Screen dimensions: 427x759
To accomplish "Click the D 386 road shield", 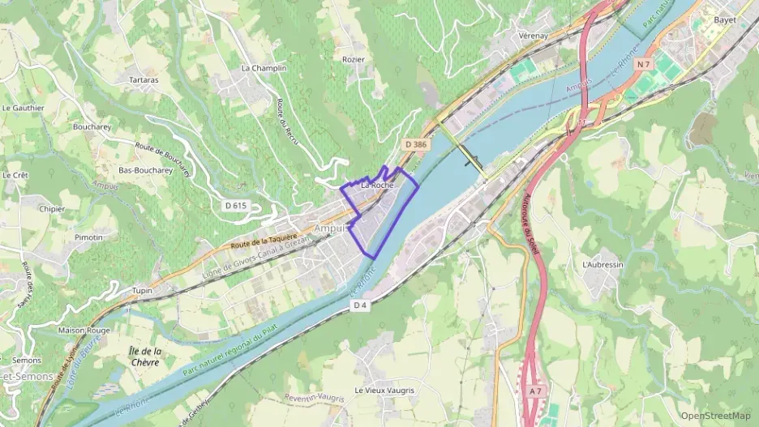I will point(415,144).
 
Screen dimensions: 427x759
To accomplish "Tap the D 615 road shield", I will point(234,206).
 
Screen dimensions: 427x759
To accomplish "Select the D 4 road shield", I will point(361,305).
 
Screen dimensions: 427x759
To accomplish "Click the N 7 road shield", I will point(644,64).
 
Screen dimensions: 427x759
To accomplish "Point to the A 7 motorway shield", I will point(534,391).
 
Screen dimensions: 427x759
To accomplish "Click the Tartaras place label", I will point(144,80).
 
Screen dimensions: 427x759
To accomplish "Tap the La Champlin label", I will point(264,68).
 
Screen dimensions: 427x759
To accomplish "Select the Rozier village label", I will point(353,59).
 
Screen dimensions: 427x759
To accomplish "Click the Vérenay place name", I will point(533,36).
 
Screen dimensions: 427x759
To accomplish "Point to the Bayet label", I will point(725,19).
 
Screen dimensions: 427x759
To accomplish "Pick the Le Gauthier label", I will point(23,107).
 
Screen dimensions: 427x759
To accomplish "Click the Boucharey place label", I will point(92,127).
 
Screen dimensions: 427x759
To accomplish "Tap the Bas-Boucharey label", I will point(145,170).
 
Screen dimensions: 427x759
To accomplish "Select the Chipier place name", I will point(52,208).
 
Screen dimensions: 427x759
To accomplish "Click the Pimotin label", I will point(88,237).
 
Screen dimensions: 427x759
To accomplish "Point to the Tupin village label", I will point(142,290).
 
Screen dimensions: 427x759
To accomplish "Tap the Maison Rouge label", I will point(84,331).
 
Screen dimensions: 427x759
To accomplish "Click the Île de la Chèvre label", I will point(145,357).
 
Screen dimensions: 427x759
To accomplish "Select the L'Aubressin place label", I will point(602,265).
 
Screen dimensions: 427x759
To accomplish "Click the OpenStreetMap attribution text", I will point(715,416).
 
